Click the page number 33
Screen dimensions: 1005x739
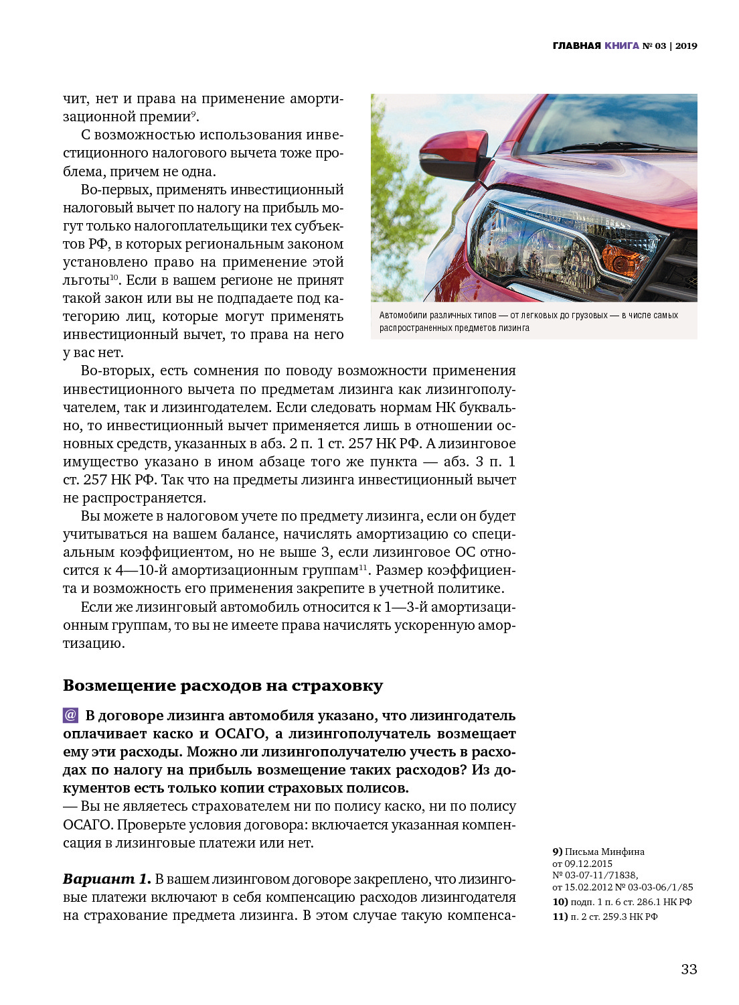pyautogui.click(x=689, y=969)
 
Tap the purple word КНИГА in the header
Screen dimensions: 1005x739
pyautogui.click(x=622, y=46)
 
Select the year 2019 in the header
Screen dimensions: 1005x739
pyautogui.click(x=686, y=46)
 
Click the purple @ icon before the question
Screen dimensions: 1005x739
pyautogui.click(x=70, y=715)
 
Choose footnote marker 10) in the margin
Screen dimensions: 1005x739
pyautogui.click(x=560, y=902)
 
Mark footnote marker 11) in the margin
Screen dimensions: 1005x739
pyautogui.click(x=560, y=917)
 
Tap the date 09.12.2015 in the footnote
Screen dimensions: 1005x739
pyautogui.click(x=588, y=864)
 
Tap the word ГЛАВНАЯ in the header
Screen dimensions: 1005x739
pyautogui.click(x=576, y=46)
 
